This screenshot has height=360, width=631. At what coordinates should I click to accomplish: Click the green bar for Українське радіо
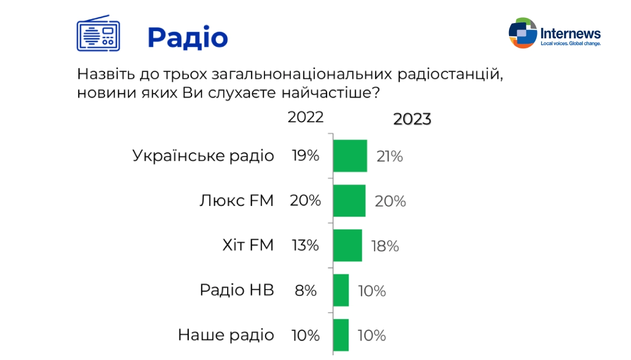(x=350, y=156)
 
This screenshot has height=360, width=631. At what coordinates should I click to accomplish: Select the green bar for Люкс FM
(x=349, y=201)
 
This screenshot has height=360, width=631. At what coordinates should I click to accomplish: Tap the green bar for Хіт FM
(x=348, y=245)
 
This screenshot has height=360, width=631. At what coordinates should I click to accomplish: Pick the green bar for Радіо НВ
(x=341, y=290)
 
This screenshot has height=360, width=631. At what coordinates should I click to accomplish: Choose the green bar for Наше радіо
(x=341, y=335)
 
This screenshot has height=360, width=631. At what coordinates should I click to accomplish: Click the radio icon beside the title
(x=98, y=33)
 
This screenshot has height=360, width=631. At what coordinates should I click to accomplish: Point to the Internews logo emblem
(x=523, y=33)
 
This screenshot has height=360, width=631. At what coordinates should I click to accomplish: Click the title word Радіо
(x=188, y=38)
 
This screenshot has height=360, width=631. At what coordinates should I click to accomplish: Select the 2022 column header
(x=306, y=117)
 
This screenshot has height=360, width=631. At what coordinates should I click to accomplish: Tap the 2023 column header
(x=412, y=119)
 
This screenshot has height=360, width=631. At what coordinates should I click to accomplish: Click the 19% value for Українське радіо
(x=306, y=156)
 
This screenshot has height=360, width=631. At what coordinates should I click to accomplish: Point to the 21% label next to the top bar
(x=390, y=157)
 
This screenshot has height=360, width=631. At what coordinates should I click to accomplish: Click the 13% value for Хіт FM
(x=306, y=245)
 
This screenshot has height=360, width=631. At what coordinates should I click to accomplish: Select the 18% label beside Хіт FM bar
(x=385, y=246)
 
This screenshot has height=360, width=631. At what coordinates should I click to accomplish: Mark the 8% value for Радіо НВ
(x=306, y=291)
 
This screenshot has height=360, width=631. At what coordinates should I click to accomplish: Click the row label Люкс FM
(x=237, y=201)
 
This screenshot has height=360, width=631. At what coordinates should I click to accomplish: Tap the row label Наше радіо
(x=226, y=335)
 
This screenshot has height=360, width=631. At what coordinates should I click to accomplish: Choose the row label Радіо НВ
(x=237, y=290)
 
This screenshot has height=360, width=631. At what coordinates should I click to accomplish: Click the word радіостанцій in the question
(x=451, y=74)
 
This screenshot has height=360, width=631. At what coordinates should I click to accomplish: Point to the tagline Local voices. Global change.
(x=571, y=44)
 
